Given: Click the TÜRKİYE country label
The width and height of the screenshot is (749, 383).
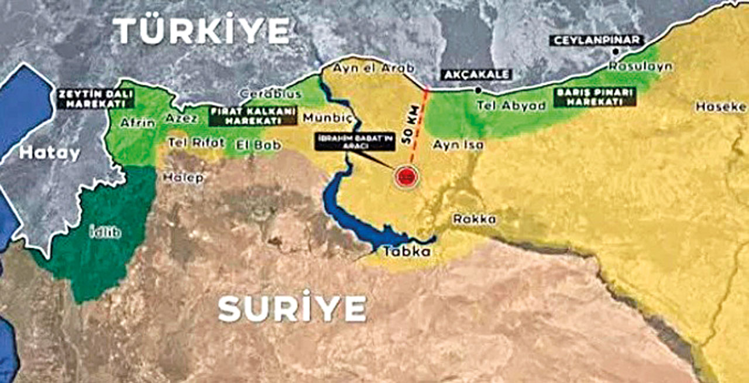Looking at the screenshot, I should [x=201, y=30].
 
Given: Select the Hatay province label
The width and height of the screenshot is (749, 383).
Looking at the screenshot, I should [x=49, y=153].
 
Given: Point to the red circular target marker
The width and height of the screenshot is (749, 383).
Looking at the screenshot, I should [x=404, y=175].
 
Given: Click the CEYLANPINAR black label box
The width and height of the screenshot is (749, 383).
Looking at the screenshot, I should [x=596, y=40].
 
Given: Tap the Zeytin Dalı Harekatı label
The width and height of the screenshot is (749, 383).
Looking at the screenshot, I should [x=95, y=98].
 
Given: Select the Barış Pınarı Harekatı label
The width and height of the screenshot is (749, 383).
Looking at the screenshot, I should [x=595, y=97].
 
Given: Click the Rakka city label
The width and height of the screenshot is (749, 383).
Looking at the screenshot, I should [x=474, y=219].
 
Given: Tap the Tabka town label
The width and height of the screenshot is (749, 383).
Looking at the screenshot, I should [x=407, y=252].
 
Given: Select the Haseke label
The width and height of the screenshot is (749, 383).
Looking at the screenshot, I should [x=721, y=107].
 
